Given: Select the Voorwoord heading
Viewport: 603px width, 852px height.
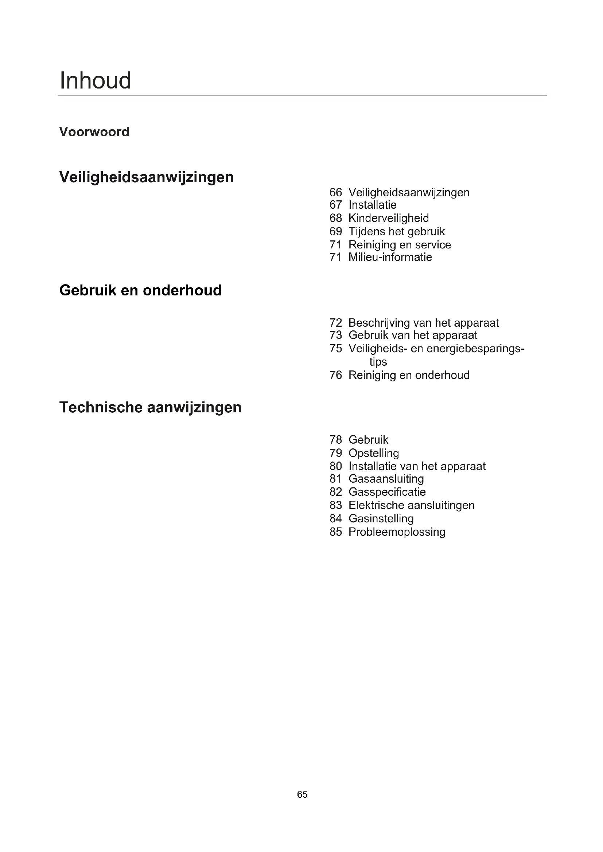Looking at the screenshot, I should [x=94, y=132].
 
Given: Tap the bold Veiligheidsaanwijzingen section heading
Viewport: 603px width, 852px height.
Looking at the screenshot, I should [x=146, y=177].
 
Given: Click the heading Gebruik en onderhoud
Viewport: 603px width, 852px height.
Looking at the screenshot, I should [x=140, y=290].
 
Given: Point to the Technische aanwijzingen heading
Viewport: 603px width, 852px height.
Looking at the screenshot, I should [x=150, y=407].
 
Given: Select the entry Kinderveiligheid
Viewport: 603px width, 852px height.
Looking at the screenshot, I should [x=388, y=218].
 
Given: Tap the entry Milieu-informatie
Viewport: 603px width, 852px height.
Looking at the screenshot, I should [x=390, y=257].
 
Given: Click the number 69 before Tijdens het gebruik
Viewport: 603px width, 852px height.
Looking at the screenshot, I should [x=335, y=231].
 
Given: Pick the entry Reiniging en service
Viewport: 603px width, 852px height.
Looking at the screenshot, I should [x=400, y=244].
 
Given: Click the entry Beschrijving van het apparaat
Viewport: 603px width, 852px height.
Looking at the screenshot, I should [x=424, y=322].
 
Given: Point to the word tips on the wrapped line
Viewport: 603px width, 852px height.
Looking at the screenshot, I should [x=378, y=362].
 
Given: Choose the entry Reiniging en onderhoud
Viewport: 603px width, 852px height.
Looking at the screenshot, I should [x=409, y=375].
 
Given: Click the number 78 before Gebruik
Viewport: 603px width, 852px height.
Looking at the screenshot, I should [x=335, y=440].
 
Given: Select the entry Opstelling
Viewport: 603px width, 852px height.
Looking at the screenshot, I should [x=374, y=453].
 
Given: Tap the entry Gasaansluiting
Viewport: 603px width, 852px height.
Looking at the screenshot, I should [x=386, y=479].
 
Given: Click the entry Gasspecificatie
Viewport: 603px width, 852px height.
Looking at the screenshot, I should [x=387, y=492].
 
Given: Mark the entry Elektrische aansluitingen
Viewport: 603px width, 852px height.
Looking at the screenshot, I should [x=411, y=506].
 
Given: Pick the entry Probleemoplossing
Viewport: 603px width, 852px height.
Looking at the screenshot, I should [x=397, y=532].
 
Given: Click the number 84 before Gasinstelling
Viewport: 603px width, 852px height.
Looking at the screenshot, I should [x=335, y=519].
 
